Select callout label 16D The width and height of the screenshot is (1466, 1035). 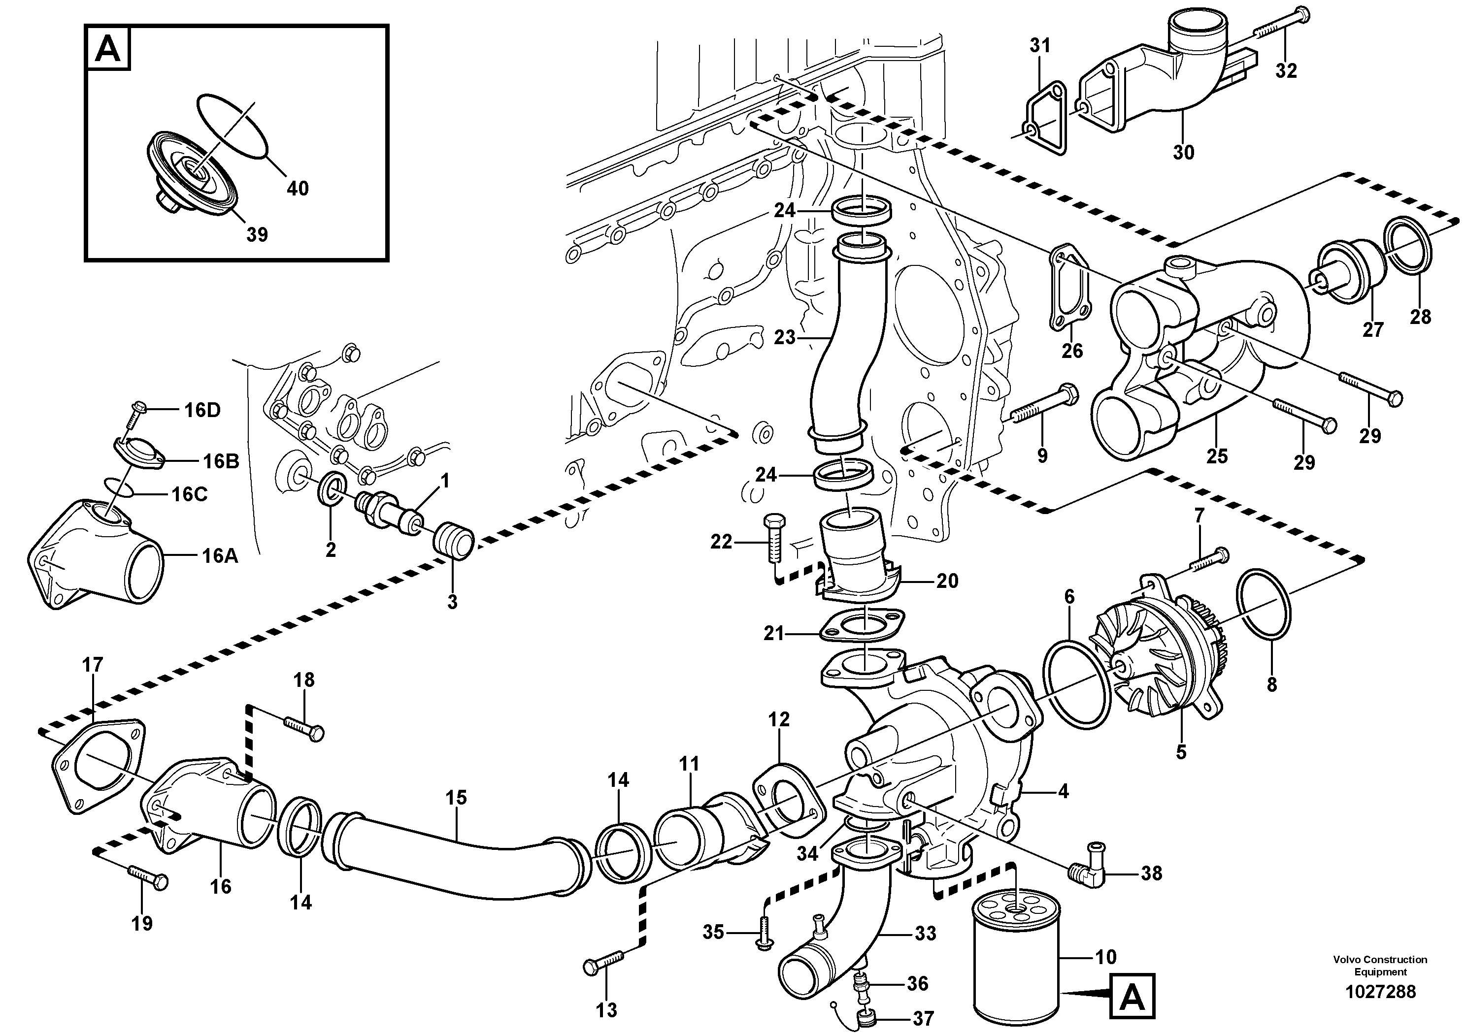point(202,410)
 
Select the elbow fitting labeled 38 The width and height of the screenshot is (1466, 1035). point(1085,875)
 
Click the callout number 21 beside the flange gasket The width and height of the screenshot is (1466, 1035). point(773,634)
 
